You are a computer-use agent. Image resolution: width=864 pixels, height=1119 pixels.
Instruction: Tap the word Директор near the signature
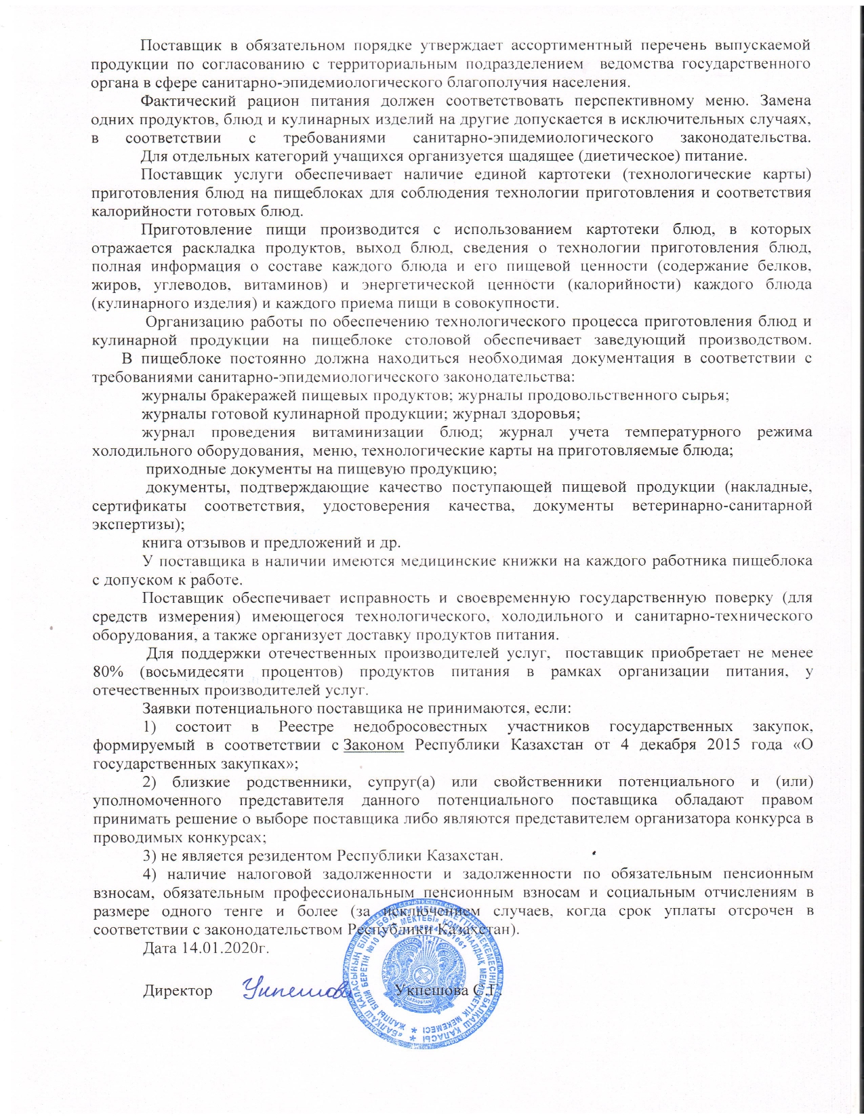(178, 991)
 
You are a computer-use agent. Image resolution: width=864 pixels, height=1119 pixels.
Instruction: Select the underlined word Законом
(374, 745)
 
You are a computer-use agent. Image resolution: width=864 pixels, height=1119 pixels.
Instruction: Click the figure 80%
(108, 672)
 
